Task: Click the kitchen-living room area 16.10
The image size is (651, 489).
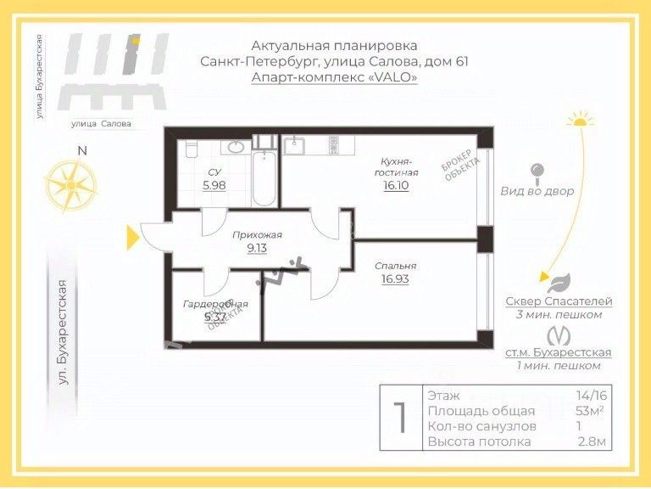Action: [396, 184]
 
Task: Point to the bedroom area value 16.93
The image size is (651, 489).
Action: [395, 278]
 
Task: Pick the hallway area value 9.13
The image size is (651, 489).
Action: [258, 248]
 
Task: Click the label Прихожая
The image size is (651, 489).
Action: [258, 235]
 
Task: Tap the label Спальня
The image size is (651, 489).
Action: [395, 265]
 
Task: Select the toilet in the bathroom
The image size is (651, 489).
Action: [191, 149]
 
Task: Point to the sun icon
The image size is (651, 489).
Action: [580, 120]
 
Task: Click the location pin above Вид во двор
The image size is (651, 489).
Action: [537, 173]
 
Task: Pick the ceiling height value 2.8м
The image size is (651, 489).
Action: [590, 441]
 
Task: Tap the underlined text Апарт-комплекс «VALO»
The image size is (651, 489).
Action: [334, 76]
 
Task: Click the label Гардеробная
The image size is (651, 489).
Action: [215, 304]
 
